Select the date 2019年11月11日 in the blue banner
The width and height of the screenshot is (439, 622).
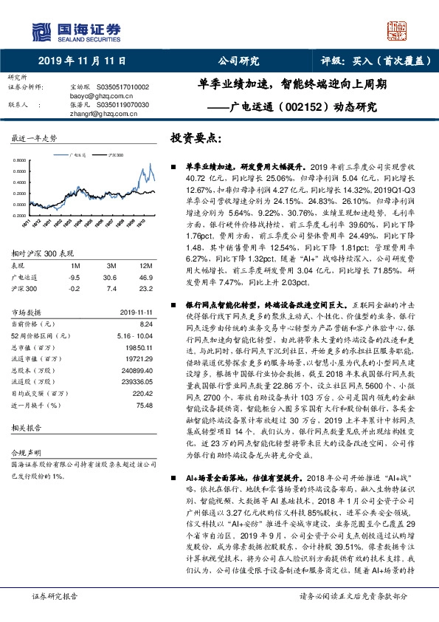[81, 62]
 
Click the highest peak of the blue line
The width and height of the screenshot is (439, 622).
[151, 164]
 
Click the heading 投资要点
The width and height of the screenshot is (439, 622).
[196, 138]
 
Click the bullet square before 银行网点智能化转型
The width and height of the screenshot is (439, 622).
[173, 304]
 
